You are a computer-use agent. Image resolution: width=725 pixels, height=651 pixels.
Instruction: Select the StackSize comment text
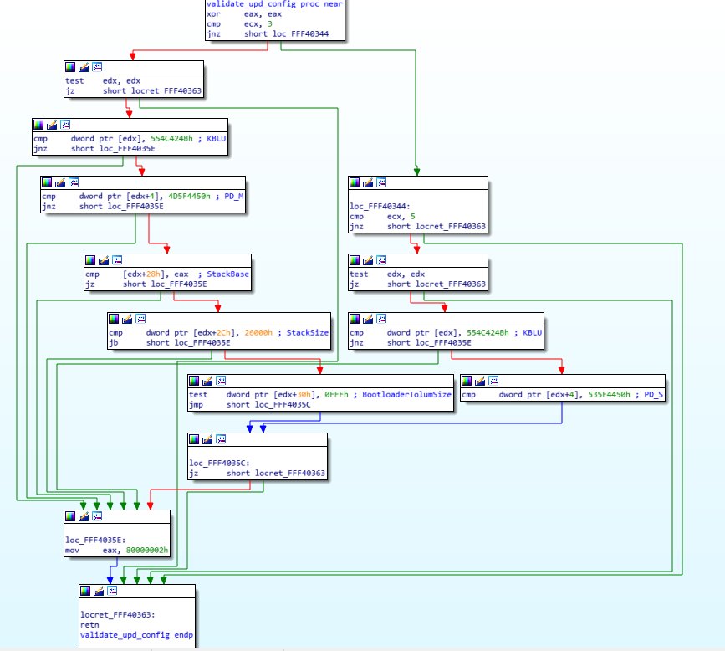click(x=309, y=332)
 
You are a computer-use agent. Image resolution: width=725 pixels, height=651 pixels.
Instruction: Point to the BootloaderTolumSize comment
click(x=408, y=394)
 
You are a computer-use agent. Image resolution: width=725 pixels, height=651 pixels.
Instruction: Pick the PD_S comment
click(x=650, y=394)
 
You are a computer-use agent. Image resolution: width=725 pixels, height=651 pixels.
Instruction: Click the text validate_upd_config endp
click(x=125, y=635)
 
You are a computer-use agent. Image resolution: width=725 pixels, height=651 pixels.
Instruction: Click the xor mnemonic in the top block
click(x=214, y=14)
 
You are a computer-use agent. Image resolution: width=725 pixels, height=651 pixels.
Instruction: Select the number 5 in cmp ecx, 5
click(x=412, y=215)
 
